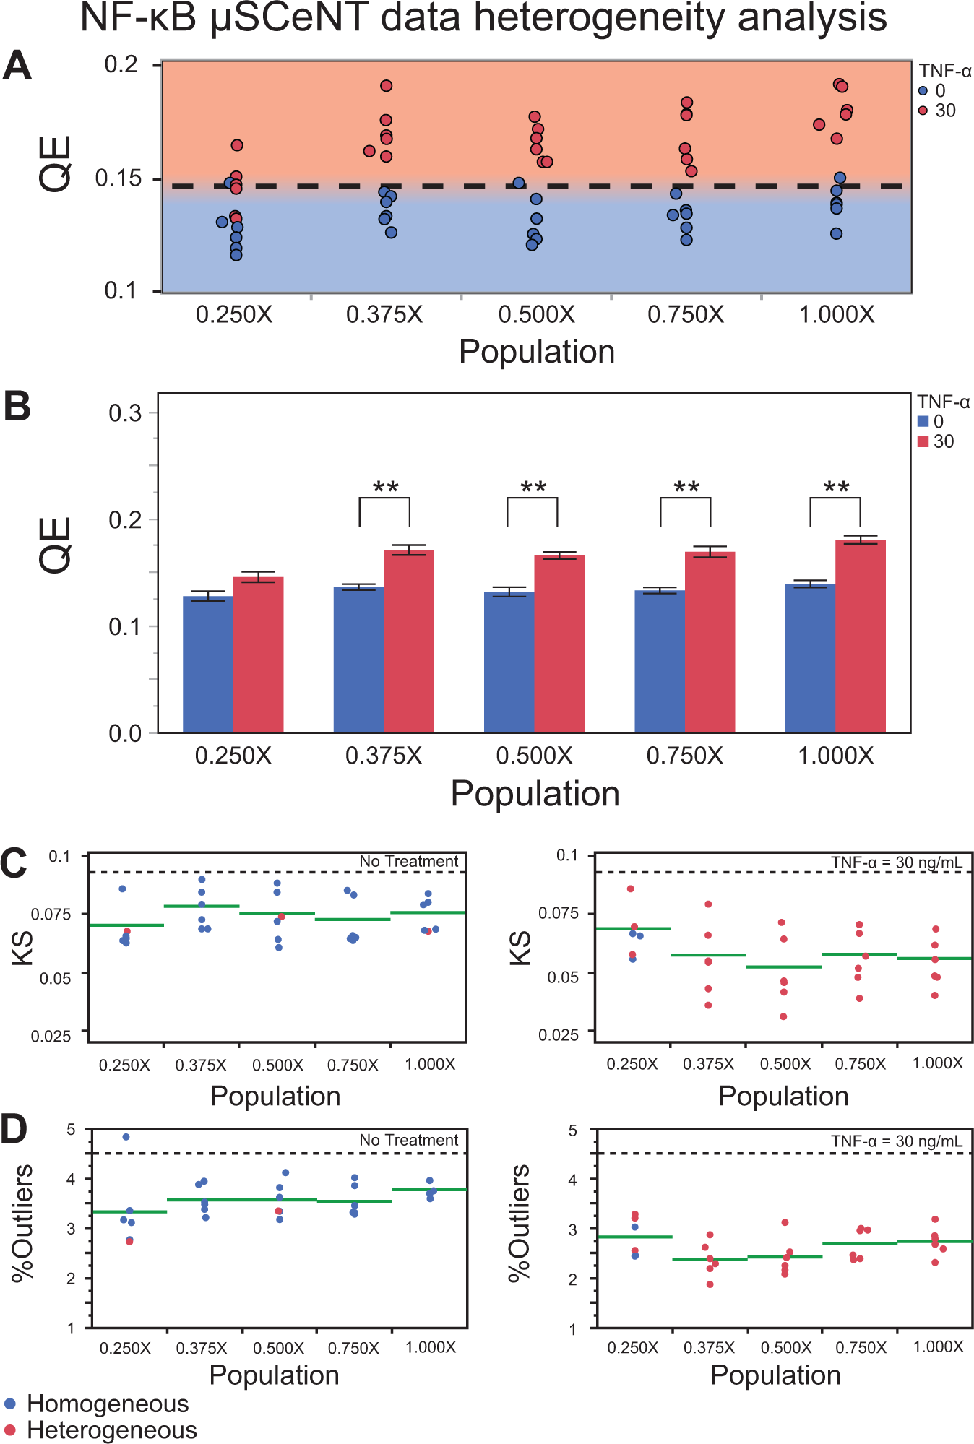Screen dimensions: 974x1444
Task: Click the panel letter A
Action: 17,66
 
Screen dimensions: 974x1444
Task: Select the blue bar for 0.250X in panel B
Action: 208,665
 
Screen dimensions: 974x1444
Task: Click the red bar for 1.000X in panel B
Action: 861,636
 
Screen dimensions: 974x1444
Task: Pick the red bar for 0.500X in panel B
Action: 559,644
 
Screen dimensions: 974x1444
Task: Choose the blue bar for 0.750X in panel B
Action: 660,662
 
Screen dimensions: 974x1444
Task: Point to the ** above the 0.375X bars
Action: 385,488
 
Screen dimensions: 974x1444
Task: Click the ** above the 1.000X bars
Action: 837,488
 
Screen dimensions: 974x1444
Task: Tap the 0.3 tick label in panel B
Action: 125,413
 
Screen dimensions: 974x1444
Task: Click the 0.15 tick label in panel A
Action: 118,178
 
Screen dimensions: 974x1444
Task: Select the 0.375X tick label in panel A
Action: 384,315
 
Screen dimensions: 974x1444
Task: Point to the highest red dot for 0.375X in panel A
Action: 386,86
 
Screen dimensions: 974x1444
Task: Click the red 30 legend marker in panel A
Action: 923,111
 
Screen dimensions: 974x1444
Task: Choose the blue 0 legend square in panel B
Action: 923,421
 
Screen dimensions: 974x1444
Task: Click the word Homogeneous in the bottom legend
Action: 108,1404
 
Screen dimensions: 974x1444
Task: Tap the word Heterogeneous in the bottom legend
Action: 112,1430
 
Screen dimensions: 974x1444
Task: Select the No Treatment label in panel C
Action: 409,861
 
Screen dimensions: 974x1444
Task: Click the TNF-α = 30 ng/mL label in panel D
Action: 897,1141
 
